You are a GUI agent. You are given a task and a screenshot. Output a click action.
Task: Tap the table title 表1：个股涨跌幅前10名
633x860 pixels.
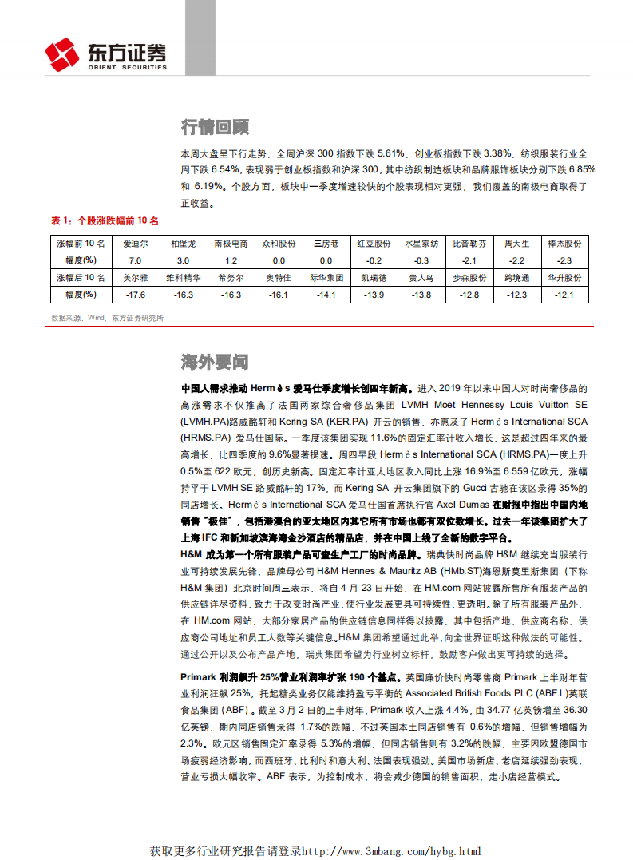tap(105, 220)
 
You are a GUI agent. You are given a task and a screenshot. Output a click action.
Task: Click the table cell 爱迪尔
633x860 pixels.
tap(135, 244)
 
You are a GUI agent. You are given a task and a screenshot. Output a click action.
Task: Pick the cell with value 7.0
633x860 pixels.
tap(135, 260)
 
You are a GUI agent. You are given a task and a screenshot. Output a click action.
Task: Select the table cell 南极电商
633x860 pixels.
tap(231, 244)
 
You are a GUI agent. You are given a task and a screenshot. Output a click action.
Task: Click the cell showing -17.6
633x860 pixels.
tap(135, 295)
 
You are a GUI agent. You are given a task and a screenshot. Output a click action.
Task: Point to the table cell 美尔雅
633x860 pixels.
tap(135, 278)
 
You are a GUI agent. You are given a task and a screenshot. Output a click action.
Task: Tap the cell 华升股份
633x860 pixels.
tap(564, 278)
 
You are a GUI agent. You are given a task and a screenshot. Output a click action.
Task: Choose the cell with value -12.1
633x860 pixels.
tap(564, 295)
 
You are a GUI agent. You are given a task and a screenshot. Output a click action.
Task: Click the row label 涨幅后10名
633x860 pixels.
tap(78, 278)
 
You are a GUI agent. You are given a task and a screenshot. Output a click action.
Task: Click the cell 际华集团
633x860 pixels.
tap(326, 278)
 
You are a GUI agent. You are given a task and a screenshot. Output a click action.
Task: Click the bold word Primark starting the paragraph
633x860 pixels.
tap(200, 677)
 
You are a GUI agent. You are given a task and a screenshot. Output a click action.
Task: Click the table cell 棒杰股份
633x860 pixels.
tap(564, 244)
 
